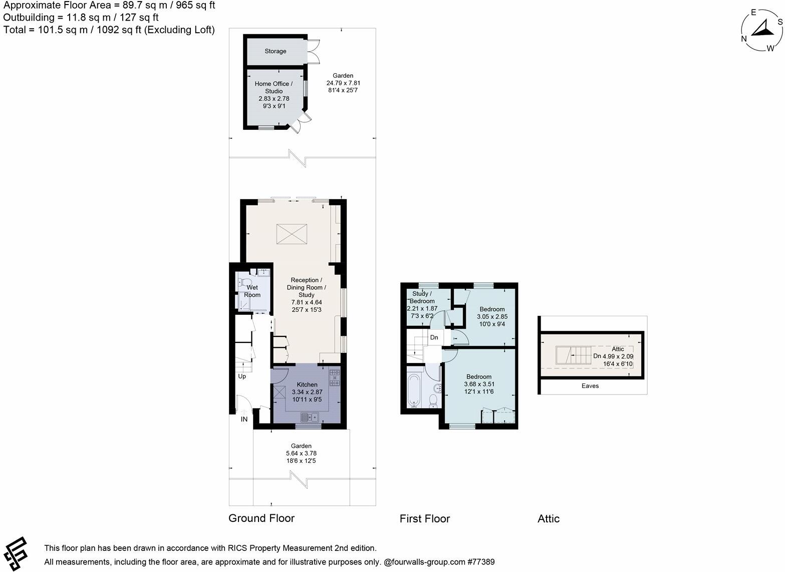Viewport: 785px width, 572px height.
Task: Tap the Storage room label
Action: [276, 51]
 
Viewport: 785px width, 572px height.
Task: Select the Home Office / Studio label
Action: [274, 87]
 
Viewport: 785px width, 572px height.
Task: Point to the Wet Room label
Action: [252, 291]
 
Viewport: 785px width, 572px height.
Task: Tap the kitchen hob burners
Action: [334, 378]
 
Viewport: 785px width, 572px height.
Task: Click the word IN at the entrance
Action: [244, 419]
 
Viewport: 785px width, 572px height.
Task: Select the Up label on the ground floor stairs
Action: [242, 376]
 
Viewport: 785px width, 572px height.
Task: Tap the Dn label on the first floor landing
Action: [434, 337]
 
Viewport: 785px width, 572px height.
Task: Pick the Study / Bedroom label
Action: [422, 297]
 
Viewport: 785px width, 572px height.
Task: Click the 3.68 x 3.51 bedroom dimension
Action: [478, 384]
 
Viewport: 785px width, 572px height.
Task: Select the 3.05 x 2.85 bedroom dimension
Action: [492, 317]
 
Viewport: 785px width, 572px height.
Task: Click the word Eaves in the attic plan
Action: [590, 386]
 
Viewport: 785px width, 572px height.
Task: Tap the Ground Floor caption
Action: [261, 518]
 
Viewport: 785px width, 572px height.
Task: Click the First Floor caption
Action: [425, 519]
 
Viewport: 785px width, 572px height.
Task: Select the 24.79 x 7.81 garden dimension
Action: [343, 83]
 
